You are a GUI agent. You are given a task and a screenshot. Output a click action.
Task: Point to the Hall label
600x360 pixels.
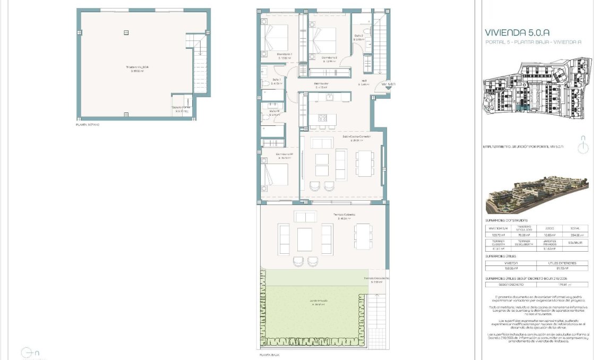tap(364, 82)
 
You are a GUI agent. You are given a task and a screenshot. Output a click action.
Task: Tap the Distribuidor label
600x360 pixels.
tap(321, 83)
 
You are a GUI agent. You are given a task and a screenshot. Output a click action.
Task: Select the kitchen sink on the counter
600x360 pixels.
tap(330, 97)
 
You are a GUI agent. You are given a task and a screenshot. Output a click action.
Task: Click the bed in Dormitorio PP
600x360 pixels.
tap(275, 176)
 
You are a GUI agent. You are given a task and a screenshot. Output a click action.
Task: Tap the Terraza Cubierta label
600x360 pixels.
tap(344, 215)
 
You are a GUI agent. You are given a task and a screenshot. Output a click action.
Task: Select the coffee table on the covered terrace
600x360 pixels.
tap(305, 239)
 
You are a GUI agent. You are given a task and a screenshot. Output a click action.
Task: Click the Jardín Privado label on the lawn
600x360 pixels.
tap(319, 301)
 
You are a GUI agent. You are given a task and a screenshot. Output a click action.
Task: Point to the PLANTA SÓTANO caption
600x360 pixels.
tap(88, 124)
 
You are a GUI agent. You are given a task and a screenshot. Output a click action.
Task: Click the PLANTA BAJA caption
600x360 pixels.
tap(269, 354)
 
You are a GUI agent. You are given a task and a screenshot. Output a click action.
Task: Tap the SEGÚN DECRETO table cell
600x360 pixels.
tap(511, 285)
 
